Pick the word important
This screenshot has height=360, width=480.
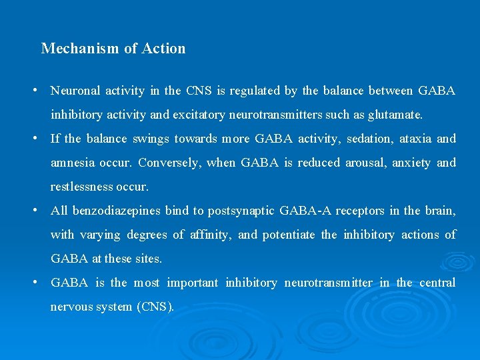pyautogui.click(x=192, y=283)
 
